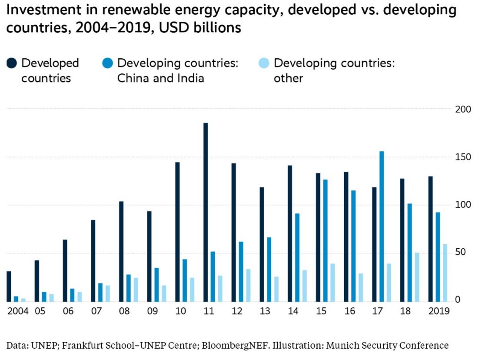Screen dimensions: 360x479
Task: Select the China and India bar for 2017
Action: (x=382, y=226)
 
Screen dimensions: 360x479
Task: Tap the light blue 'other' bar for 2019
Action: (x=445, y=273)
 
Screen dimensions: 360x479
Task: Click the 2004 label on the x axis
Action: (x=18, y=311)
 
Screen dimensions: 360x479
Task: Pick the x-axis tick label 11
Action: (x=209, y=311)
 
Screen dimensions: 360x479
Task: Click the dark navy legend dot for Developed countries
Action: (x=12, y=64)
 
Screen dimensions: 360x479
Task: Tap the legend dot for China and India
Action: (x=108, y=64)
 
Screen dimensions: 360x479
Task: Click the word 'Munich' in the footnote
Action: (x=342, y=346)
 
